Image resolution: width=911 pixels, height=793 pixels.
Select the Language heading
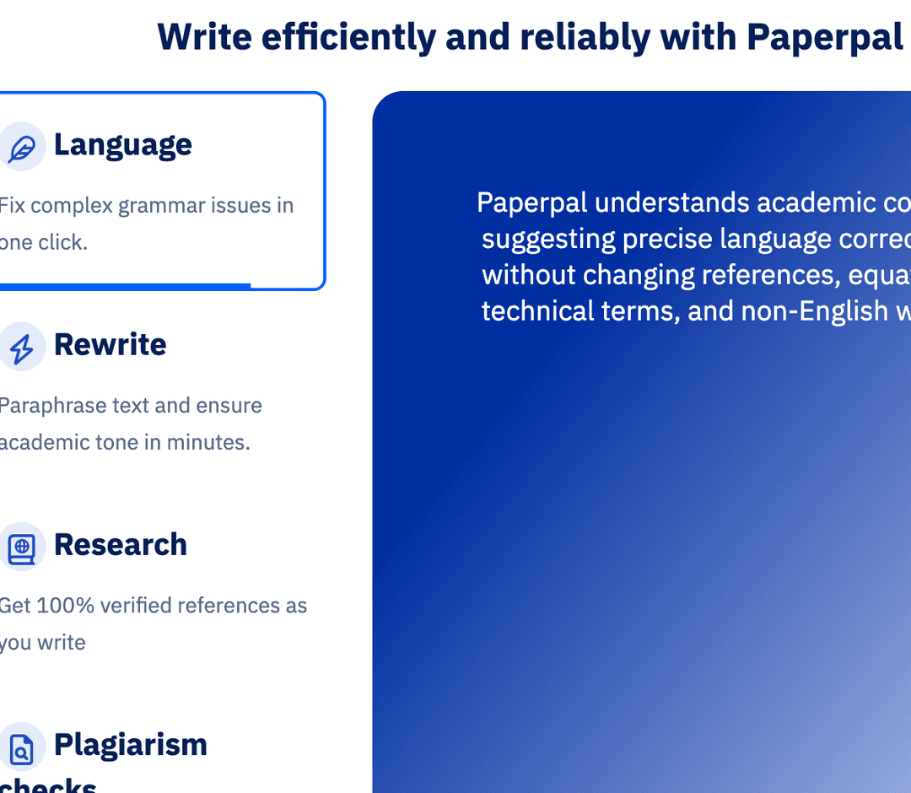123,145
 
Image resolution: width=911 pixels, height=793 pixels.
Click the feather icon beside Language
21,148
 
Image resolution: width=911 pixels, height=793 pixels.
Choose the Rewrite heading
111,345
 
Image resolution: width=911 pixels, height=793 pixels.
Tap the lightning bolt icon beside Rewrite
21,348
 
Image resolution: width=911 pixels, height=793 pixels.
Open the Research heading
121,545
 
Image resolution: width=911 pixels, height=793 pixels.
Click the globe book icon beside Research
21,548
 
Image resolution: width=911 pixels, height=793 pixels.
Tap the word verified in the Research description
136,606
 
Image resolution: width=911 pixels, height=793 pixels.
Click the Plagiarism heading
131,745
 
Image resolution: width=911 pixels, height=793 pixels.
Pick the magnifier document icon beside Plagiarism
21,747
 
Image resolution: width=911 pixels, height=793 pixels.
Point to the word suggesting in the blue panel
548,240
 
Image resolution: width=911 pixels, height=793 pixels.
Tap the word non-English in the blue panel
805,312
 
